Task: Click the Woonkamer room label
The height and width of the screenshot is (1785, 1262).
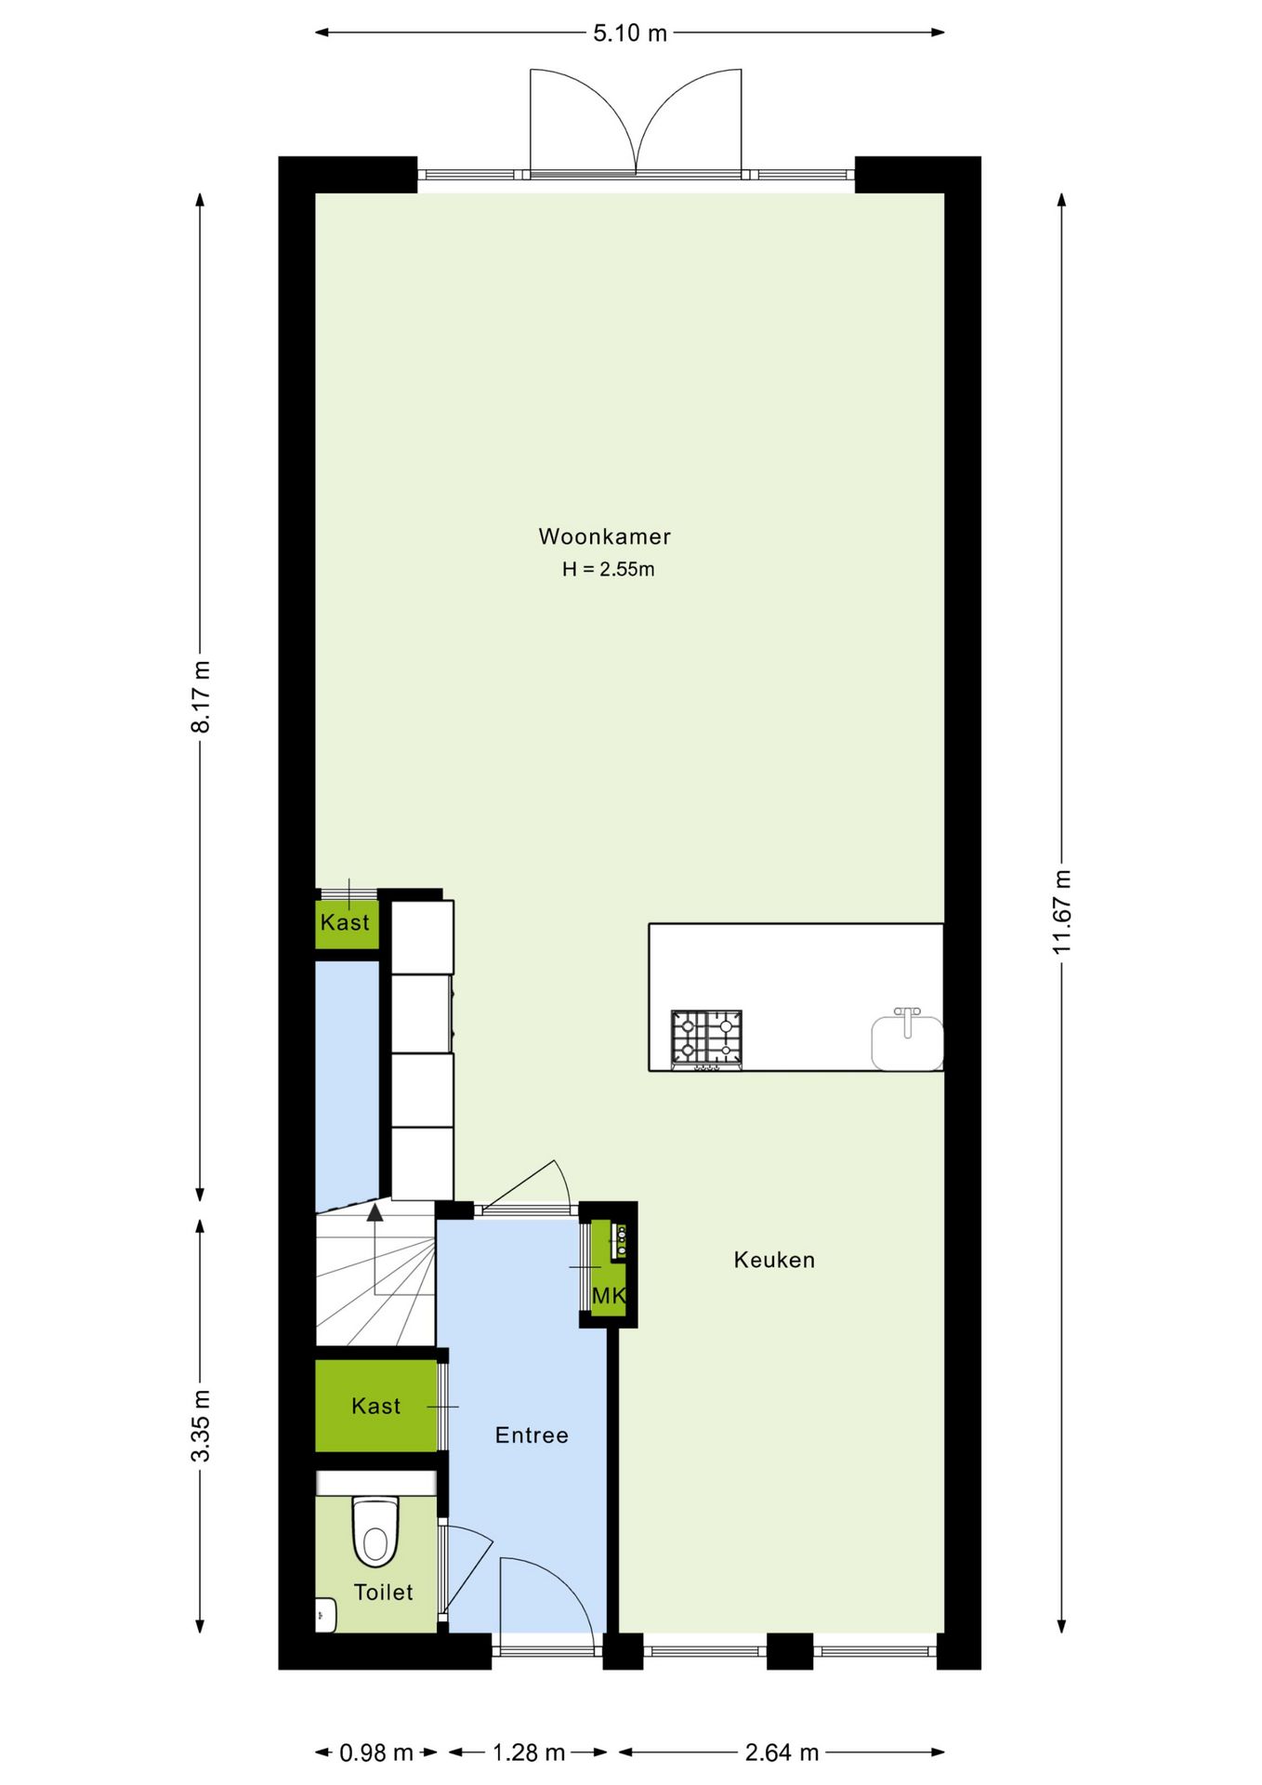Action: tap(604, 536)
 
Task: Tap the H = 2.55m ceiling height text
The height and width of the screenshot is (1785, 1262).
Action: tap(608, 569)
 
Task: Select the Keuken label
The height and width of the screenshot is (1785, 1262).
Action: tap(774, 1260)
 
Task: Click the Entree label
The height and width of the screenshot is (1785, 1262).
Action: tap(532, 1435)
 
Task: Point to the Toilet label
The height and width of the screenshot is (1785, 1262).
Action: tap(383, 1592)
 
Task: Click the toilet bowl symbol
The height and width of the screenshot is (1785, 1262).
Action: tap(375, 1531)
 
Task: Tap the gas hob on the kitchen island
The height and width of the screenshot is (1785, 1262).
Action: tap(706, 1038)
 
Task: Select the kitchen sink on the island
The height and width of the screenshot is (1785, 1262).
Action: tap(907, 1041)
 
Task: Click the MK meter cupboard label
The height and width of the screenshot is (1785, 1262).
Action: tap(609, 1295)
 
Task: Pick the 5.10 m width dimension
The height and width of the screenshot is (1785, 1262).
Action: tap(630, 33)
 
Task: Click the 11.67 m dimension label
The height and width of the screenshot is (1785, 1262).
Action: tap(1062, 911)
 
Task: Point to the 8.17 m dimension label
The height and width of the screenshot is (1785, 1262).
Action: tap(201, 696)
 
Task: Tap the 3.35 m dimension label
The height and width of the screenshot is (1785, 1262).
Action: tap(201, 1425)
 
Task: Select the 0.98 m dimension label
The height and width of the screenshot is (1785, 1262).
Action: tap(375, 1752)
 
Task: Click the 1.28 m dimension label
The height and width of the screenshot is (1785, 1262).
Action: tap(528, 1752)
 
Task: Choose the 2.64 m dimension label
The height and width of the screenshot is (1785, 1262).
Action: tap(782, 1752)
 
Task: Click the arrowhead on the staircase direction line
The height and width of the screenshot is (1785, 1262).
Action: tap(375, 1212)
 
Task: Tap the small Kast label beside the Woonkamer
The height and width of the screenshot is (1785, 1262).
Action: tap(345, 922)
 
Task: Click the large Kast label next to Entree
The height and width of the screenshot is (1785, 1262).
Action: tap(375, 1406)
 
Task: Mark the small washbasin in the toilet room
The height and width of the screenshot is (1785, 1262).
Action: tap(325, 1615)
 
